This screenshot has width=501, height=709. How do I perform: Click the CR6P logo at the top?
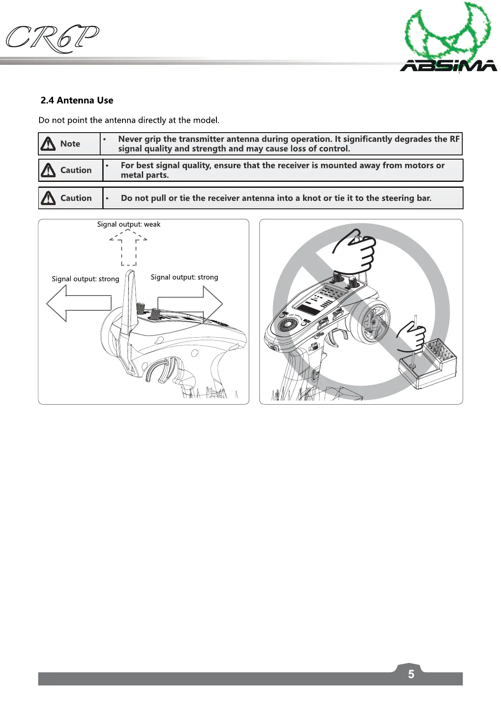(x=53, y=39)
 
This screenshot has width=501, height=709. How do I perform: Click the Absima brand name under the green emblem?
(x=448, y=66)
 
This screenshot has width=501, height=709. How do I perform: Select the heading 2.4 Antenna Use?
(x=77, y=101)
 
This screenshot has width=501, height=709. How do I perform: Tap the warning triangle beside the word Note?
(x=48, y=144)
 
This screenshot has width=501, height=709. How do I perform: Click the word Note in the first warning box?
(x=70, y=144)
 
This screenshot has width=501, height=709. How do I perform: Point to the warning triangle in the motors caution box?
(x=48, y=170)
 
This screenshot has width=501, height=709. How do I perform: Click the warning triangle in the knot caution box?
(x=48, y=198)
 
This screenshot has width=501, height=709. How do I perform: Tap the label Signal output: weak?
(x=128, y=224)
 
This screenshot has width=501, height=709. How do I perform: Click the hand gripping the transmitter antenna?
(x=356, y=251)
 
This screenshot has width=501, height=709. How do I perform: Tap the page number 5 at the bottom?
(x=411, y=674)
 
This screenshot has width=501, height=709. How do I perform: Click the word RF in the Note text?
(x=454, y=139)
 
